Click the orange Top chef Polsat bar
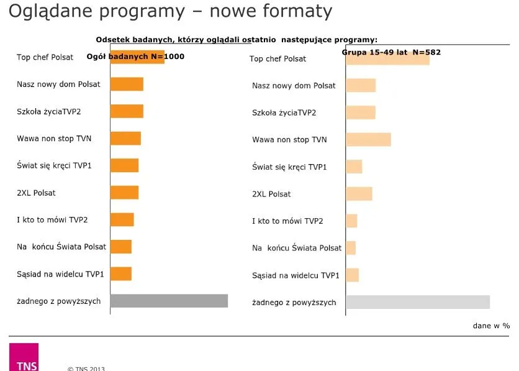(137, 57)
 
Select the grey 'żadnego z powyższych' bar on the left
(169, 301)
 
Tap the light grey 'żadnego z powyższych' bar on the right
(418, 302)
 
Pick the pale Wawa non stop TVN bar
(368, 139)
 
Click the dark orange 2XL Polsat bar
(124, 193)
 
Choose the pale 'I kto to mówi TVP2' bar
(351, 221)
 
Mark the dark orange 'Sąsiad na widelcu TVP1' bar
(121, 273)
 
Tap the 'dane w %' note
(490, 325)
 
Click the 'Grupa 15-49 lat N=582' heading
(391, 52)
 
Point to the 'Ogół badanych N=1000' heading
(135, 57)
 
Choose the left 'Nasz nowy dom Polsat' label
(58, 84)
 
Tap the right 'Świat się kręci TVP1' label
(289, 167)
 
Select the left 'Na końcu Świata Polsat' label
(61, 247)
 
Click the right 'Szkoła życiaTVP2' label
(284, 112)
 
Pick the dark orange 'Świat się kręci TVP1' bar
(124, 165)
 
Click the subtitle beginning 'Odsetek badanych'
(237, 40)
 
